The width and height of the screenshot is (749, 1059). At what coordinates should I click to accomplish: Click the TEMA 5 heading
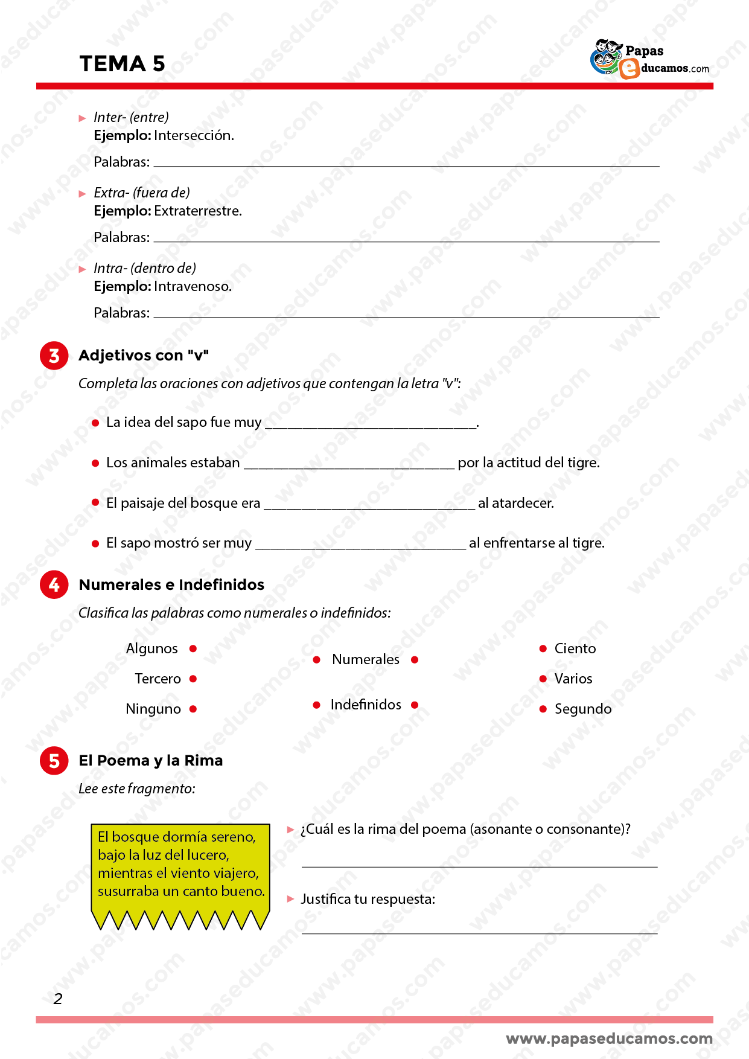[122, 64]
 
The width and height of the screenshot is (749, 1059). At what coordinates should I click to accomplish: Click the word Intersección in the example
[193, 135]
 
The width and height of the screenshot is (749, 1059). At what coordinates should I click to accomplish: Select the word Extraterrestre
[197, 211]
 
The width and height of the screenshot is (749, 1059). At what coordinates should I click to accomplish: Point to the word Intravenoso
[192, 286]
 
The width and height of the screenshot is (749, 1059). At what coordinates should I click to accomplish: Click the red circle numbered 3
[54, 356]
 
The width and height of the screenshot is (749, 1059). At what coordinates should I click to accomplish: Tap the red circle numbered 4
[54, 584]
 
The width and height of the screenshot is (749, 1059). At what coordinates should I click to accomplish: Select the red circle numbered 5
[54, 760]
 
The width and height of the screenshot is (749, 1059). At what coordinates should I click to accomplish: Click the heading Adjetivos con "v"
[144, 355]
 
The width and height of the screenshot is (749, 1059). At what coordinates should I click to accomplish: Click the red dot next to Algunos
[193, 648]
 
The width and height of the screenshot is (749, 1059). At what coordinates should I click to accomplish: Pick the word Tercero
[158, 679]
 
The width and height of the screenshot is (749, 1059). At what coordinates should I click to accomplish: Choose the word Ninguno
[153, 709]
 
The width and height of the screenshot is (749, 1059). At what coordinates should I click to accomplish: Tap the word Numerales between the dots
[366, 659]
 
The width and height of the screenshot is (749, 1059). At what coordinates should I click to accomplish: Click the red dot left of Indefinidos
[316, 705]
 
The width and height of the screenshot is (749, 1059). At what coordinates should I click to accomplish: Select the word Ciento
[575, 648]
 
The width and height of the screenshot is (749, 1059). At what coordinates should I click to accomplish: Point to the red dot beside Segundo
[543, 709]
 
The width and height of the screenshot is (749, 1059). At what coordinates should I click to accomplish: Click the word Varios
[573, 679]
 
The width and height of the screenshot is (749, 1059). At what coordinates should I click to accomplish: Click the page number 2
[58, 999]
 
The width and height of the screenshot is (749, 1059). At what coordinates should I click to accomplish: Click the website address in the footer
[609, 1038]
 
